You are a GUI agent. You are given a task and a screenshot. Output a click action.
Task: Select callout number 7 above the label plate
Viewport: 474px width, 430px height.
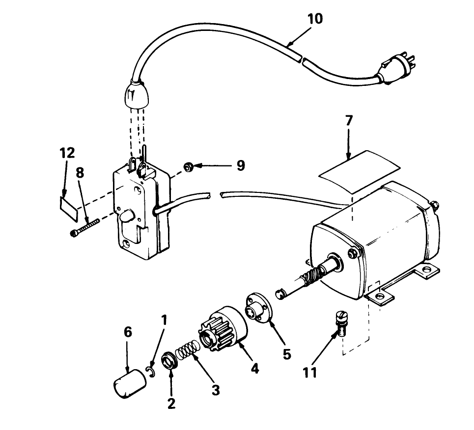[348, 120]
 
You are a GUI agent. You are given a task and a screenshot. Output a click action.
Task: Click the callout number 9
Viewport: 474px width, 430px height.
[241, 165]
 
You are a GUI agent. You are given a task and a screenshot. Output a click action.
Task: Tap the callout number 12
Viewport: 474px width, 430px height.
[67, 153]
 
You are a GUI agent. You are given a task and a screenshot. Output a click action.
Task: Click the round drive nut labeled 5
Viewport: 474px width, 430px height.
[257, 307]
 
